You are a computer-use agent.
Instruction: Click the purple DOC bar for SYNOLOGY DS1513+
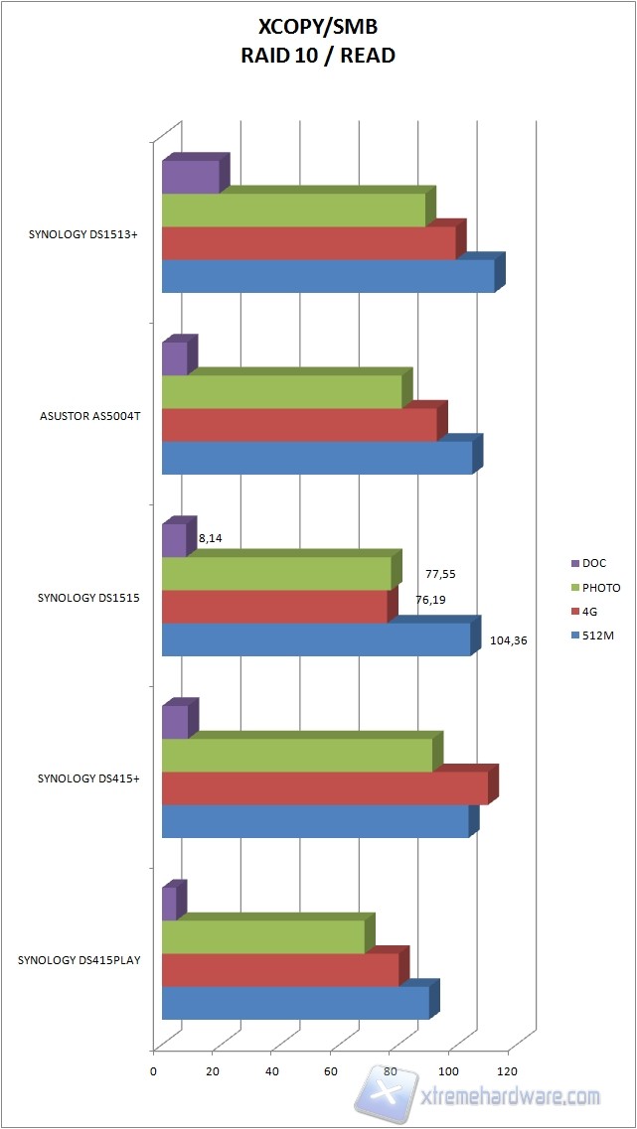[190, 177]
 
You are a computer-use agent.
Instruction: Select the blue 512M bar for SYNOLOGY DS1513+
[328, 276]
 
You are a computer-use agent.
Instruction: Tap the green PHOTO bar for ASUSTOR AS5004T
[281, 391]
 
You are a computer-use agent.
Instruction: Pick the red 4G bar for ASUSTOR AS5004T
[298, 425]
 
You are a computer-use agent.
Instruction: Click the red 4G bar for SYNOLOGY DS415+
[324, 788]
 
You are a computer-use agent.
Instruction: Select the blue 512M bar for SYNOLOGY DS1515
[315, 639]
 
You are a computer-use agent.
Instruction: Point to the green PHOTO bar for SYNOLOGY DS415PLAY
[262, 937]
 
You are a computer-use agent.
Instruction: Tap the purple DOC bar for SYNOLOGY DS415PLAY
[169, 904]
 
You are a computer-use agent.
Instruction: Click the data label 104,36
[509, 640]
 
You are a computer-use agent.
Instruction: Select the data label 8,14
[210, 537]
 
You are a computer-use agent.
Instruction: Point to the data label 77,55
[440, 574]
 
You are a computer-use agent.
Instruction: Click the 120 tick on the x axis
[508, 1071]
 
